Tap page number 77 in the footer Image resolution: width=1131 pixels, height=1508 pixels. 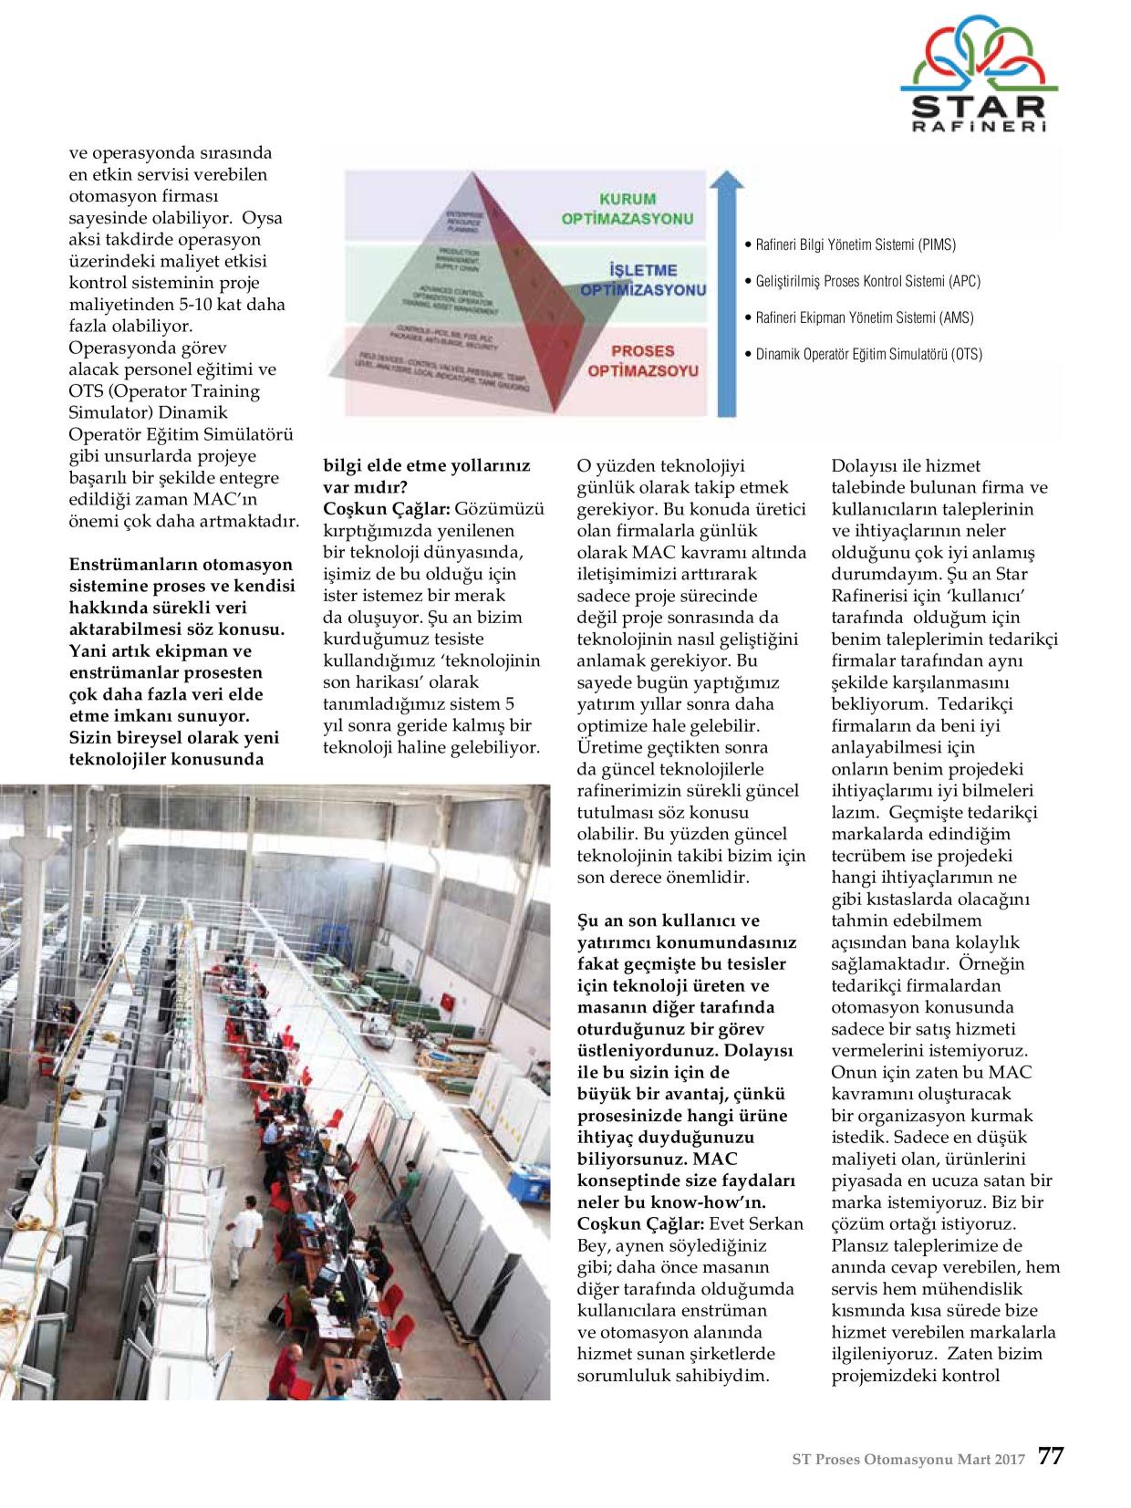(1051, 1456)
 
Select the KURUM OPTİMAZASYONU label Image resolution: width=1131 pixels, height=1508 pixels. (640, 209)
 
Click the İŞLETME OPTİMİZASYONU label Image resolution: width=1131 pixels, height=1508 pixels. (643, 280)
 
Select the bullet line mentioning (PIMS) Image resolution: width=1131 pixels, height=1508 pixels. (855, 244)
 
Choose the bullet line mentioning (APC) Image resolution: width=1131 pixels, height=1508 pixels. (867, 281)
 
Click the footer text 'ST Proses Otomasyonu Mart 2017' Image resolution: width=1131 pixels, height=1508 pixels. (908, 1458)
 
